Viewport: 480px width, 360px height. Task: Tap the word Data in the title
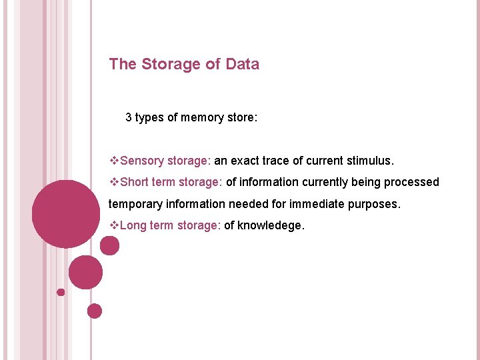tap(243, 65)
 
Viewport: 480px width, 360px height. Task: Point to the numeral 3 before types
tap(129, 118)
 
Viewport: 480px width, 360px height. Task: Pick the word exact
tap(247, 161)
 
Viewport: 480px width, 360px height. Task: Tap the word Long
tap(133, 225)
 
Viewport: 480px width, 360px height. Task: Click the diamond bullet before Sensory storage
tap(113, 161)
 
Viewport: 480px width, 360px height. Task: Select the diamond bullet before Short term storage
tap(113, 182)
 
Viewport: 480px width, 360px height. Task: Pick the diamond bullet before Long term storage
tap(113, 225)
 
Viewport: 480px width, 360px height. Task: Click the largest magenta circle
tap(65, 214)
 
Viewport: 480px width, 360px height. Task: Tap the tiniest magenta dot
tap(61, 292)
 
